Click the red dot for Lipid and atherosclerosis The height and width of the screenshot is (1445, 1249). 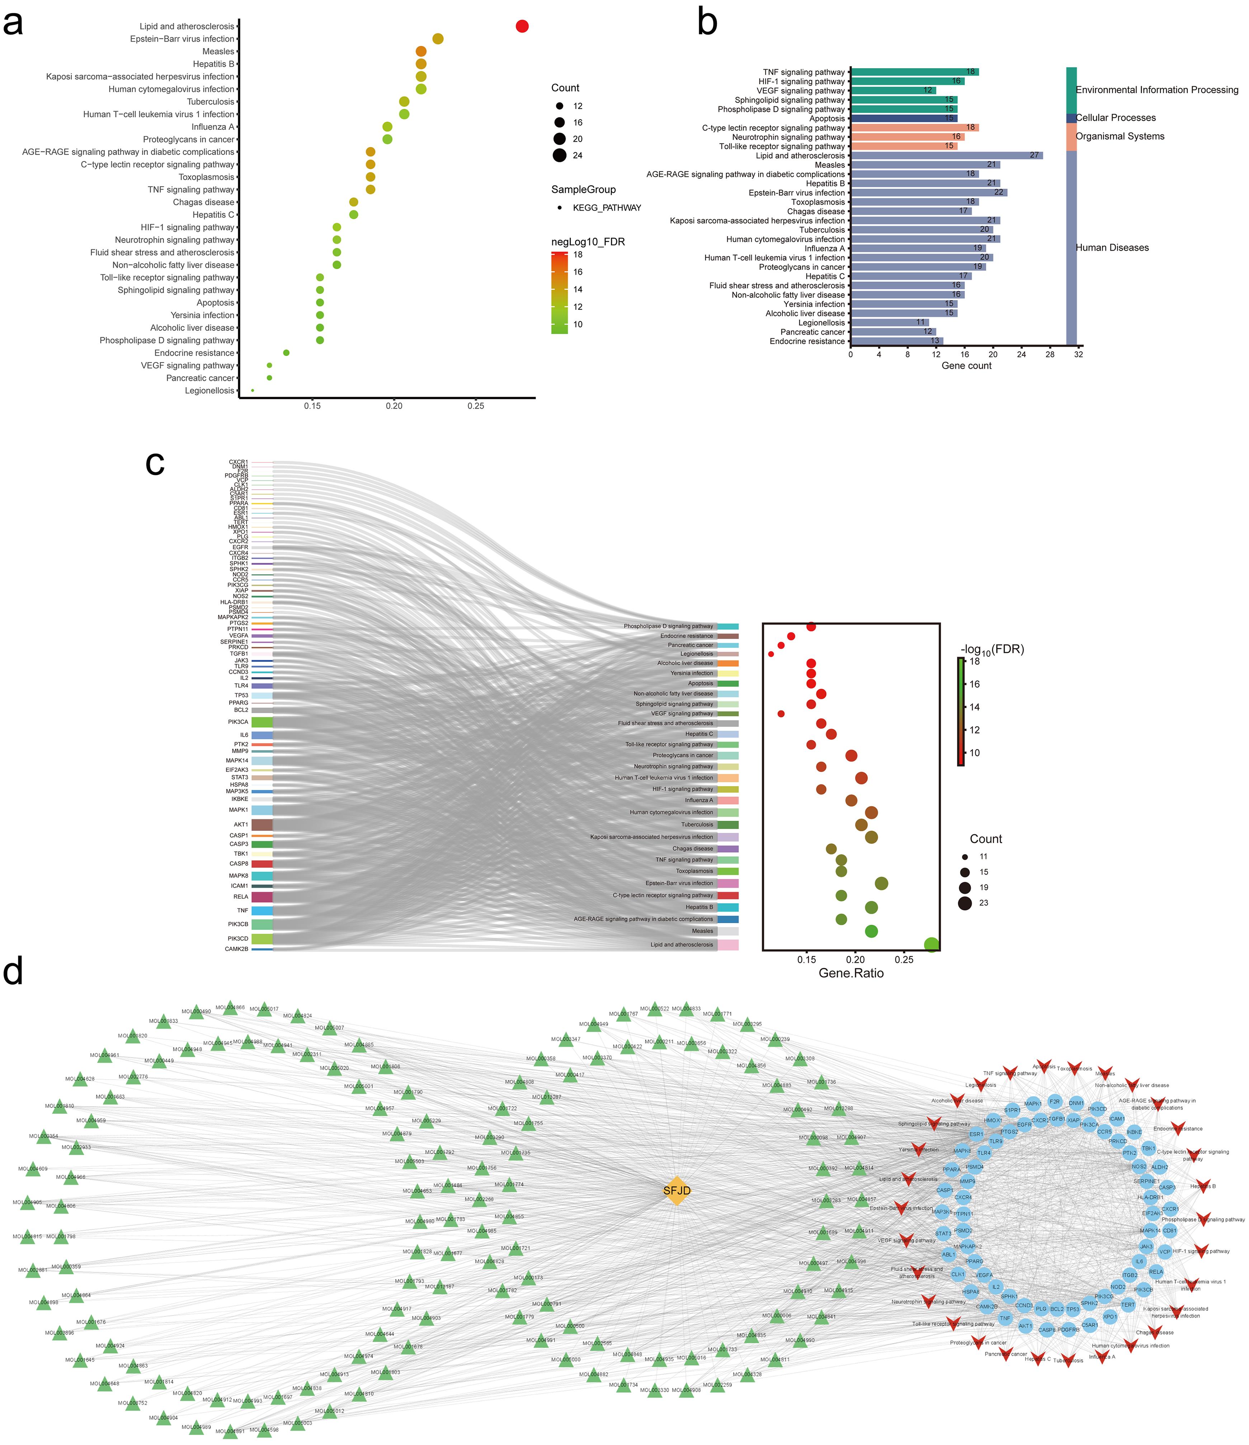point(522,27)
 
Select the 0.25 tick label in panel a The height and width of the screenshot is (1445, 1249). point(476,406)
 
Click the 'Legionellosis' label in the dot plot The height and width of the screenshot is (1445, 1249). point(209,391)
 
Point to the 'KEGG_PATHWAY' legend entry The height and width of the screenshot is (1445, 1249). point(607,208)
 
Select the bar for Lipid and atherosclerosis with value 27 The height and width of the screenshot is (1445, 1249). point(946,156)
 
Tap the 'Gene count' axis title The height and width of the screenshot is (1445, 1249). point(966,366)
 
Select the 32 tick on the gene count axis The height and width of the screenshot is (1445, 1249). point(1078,354)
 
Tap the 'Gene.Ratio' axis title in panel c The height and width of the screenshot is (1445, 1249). point(851,973)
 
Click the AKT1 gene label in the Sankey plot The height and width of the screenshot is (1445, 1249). point(241,824)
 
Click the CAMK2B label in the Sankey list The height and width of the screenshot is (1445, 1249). point(236,949)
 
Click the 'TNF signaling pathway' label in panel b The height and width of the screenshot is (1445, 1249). point(803,72)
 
